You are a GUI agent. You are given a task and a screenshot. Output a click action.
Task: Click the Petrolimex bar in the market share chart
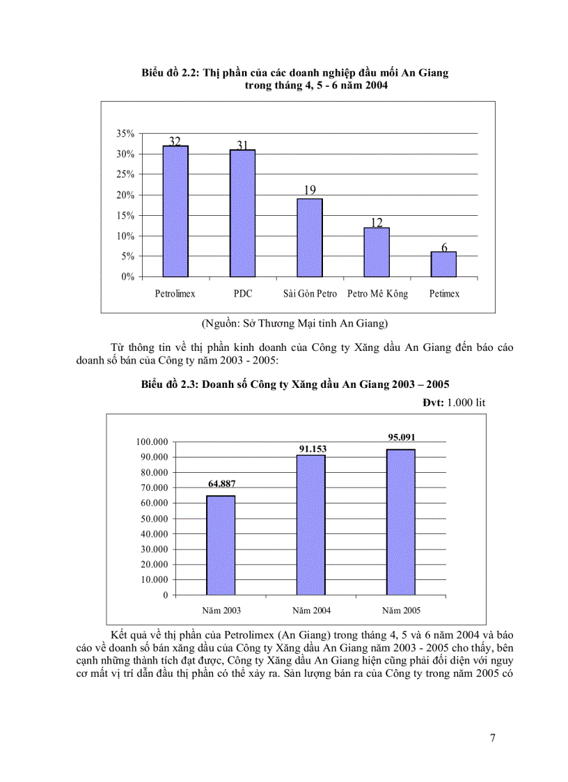(175, 211)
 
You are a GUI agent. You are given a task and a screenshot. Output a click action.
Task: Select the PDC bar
(242, 213)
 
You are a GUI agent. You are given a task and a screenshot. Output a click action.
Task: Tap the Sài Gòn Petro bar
(310, 237)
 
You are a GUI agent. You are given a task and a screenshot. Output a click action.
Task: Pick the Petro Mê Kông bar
(377, 252)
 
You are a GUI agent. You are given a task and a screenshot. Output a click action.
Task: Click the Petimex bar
(443, 264)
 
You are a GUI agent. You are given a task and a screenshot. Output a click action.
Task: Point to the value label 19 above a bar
(310, 190)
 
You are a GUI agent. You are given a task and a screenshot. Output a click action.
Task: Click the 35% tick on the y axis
(125, 134)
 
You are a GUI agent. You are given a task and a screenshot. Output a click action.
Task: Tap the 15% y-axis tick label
(125, 216)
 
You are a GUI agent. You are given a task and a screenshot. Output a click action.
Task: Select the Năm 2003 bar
(221, 545)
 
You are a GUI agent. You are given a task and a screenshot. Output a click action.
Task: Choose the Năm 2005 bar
(401, 522)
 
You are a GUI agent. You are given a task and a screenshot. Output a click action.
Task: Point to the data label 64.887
(221, 484)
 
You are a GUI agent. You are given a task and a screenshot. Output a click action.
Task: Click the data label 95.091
(402, 437)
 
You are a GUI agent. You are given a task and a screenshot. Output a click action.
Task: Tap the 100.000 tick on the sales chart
(152, 442)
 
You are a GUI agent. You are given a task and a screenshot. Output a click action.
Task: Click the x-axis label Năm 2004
(311, 611)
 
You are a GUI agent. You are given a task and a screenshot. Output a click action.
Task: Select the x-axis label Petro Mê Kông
(377, 294)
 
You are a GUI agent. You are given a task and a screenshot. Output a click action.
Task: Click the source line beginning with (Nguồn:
(294, 323)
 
